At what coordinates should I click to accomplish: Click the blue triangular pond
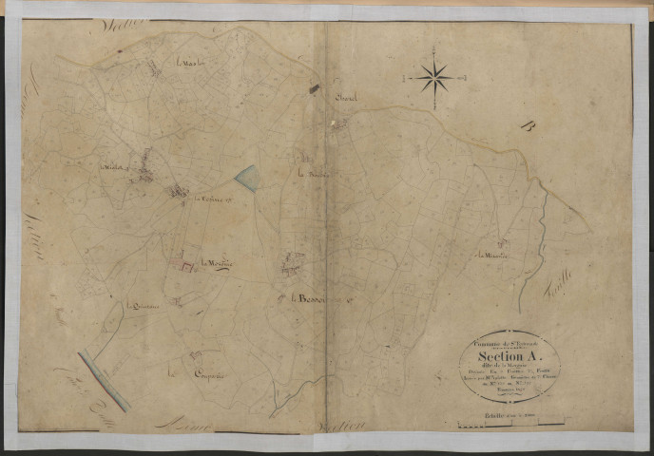coord(246,177)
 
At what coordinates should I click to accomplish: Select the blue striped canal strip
coord(104,379)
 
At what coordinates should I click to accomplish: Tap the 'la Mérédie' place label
coord(217,261)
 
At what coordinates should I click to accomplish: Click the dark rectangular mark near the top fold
coord(314,88)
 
